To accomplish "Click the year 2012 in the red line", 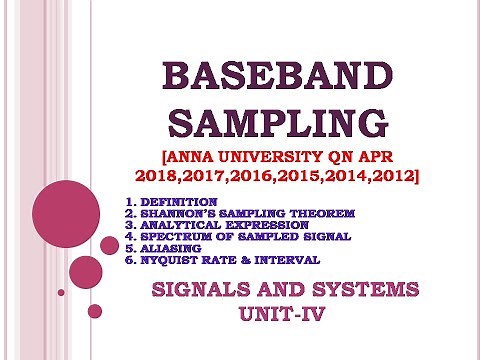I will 391,176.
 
